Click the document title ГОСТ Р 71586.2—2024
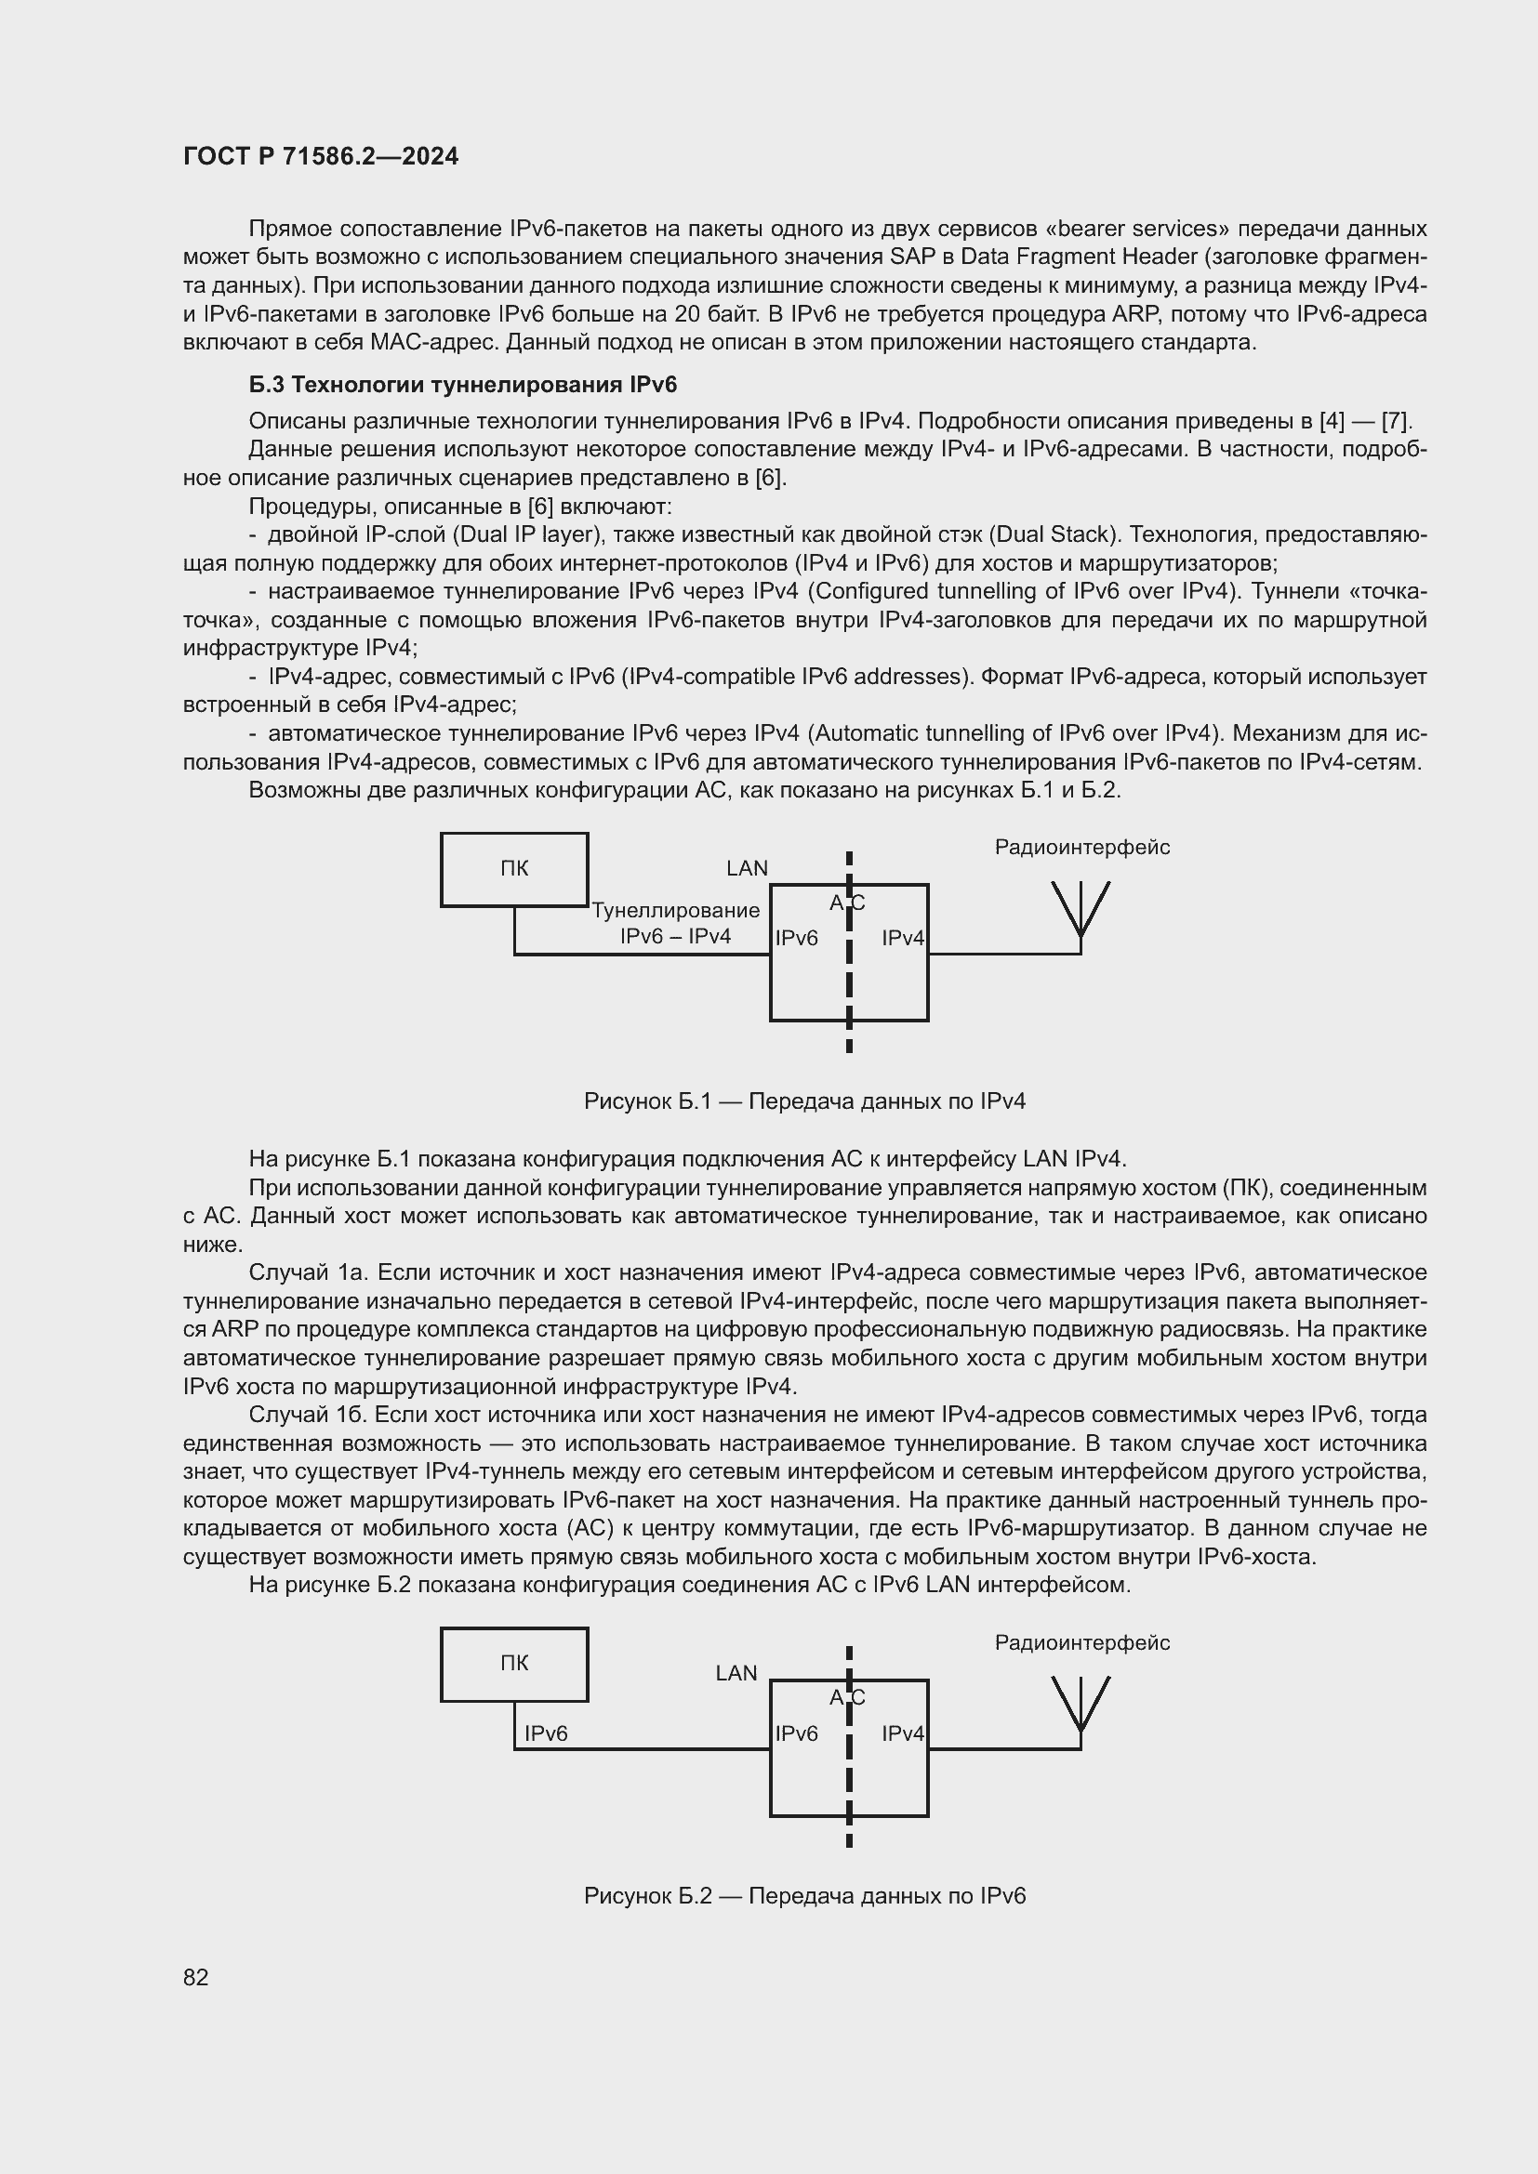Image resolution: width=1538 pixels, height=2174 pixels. pos(320,156)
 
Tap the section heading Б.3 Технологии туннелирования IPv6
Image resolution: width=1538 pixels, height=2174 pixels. pos(462,385)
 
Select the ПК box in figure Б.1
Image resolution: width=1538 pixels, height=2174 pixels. pos(514,869)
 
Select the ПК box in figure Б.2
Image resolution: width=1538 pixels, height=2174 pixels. pos(514,1664)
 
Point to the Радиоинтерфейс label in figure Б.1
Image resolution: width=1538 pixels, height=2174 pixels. pos(1081,848)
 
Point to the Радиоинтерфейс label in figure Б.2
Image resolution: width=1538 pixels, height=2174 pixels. pos(1081,1642)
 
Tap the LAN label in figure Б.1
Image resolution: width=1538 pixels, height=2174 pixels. pos(747,868)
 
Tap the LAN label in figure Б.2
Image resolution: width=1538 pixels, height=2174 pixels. pos(736,1673)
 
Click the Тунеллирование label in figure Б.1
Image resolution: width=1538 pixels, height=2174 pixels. pos(675,910)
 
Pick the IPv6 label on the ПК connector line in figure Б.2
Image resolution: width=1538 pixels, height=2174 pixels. pos(546,1733)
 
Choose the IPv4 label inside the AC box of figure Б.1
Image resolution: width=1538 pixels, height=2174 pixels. pos(903,939)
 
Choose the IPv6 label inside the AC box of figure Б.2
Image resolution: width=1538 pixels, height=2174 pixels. pos(797,1733)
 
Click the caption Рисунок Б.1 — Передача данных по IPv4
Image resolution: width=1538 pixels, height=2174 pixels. pos(804,1101)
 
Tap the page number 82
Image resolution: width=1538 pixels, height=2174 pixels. pos(196,1977)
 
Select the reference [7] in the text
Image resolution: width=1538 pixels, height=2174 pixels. pos(1396,420)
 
